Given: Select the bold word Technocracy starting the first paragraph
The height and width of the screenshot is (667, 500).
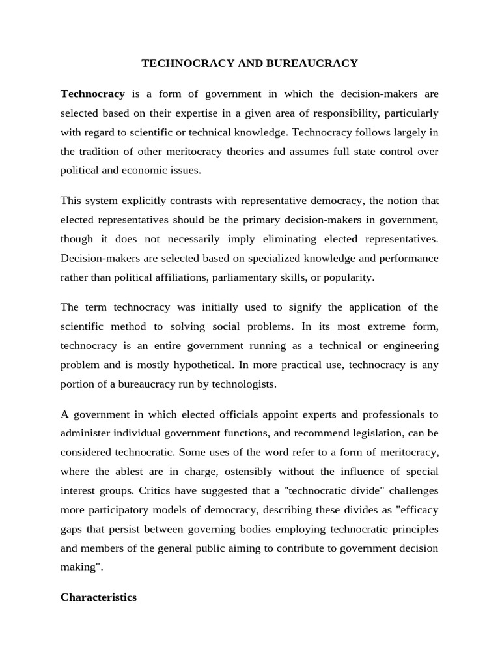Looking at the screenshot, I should point(92,94).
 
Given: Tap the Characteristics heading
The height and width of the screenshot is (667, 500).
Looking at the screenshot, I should point(98,597).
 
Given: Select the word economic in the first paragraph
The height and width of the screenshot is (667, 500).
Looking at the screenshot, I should point(140,171).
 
